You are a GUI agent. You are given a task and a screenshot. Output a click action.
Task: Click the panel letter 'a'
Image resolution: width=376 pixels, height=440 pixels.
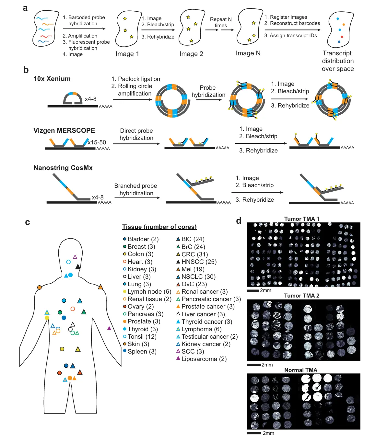25,8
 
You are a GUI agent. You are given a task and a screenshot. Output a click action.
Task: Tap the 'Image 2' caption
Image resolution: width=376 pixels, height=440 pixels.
191,54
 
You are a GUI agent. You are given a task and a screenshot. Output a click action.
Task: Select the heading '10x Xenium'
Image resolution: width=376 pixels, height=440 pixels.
52,79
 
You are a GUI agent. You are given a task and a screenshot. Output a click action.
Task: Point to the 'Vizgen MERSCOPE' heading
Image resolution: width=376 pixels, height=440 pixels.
64,130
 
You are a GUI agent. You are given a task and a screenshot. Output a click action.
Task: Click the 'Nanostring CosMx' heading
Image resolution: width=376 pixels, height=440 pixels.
63,168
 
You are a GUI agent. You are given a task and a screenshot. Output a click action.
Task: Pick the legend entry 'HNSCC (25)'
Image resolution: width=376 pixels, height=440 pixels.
196,262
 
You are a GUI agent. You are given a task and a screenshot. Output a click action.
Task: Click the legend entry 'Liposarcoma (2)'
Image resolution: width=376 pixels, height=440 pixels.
201,359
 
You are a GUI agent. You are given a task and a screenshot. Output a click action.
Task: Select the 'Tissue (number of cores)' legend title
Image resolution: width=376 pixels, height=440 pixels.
159,227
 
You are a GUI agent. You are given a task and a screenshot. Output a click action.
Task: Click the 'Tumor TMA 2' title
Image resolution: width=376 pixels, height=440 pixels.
301,296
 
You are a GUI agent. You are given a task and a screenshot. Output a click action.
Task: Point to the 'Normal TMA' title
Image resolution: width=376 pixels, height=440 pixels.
300,370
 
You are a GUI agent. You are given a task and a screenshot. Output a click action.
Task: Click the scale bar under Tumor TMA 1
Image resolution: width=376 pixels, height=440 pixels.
253,290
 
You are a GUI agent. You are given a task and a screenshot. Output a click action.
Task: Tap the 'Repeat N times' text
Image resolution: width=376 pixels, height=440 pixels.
221,22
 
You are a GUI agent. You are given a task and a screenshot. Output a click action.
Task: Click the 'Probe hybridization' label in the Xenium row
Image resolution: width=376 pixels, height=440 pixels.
208,91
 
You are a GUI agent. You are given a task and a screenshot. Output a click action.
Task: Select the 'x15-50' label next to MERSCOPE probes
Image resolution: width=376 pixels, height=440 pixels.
97,142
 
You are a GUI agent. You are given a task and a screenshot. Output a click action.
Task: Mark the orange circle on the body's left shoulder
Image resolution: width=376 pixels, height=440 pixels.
40,288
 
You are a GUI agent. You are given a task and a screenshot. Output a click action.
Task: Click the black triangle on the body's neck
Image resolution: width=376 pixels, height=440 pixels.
78,267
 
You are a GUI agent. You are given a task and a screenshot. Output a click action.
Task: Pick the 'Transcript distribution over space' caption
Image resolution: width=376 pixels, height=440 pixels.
337,61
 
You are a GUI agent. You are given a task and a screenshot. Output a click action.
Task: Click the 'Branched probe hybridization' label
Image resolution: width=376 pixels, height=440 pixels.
136,189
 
